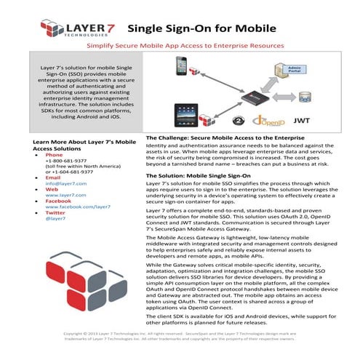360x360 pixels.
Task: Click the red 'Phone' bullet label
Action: coord(55,155)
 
